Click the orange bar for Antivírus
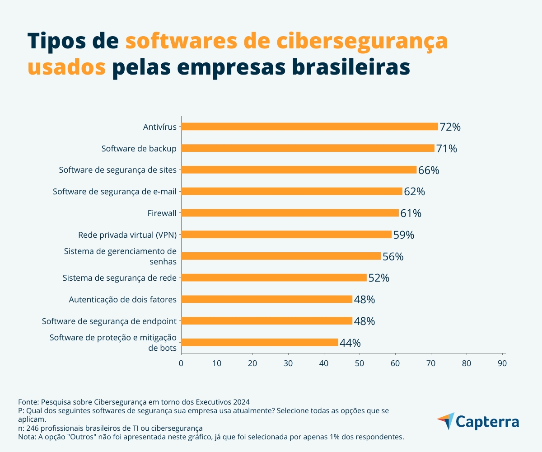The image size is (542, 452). click(x=309, y=127)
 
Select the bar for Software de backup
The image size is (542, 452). click(x=308, y=148)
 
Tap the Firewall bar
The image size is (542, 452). click(x=290, y=213)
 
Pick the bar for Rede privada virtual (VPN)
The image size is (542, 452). click(x=286, y=234)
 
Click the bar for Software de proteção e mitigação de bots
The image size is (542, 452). click(x=259, y=342)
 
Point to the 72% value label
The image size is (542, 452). click(x=450, y=127)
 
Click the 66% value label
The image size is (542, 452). click(x=429, y=170)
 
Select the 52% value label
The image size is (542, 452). click(x=378, y=278)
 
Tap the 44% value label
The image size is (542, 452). click(x=350, y=343)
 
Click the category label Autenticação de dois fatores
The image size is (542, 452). click(x=122, y=299)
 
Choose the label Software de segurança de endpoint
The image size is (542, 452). click(x=109, y=321)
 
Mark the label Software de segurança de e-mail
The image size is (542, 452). click(x=114, y=191)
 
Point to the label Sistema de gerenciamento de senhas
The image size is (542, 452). click(x=120, y=256)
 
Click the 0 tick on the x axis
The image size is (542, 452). click(x=181, y=363)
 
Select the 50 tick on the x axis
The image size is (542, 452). click(x=360, y=363)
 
